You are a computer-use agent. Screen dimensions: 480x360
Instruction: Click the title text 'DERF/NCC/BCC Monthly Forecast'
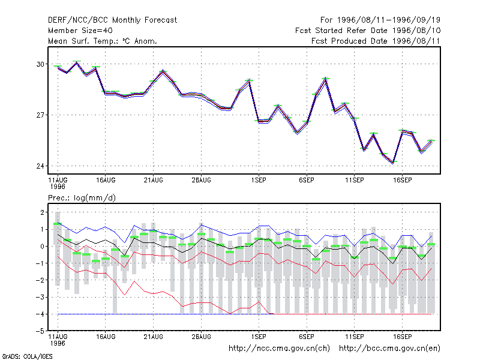112,20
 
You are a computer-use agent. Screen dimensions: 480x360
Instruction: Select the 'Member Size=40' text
80,31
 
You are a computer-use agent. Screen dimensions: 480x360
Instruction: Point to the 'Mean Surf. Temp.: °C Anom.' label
103,41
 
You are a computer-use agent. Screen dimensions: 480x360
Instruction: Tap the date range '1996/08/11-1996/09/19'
389,20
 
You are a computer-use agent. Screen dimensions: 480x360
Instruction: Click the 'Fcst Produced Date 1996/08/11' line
376,41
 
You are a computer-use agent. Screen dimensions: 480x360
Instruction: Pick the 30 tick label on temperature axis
40,64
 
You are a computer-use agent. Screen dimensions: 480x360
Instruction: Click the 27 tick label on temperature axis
40,115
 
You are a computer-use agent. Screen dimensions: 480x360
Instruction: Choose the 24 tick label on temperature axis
40,166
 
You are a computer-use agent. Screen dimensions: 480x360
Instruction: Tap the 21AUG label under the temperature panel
154,180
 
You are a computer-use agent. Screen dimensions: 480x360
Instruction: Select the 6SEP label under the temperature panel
307,180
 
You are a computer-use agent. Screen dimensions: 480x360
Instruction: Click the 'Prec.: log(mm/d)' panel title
82,198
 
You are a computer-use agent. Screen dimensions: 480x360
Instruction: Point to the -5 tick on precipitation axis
40,331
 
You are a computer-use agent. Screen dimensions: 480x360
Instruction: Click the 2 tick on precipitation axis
42,212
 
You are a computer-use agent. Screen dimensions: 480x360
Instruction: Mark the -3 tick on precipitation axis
40,297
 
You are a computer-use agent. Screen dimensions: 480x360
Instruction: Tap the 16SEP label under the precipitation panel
402,337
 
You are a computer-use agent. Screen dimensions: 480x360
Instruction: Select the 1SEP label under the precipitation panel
259,337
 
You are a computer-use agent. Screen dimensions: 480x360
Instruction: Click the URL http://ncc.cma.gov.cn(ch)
279,349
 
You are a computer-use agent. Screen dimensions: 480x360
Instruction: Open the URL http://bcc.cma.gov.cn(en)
389,349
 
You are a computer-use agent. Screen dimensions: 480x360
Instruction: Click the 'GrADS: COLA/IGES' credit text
27,356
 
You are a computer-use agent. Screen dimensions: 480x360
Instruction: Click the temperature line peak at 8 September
326,79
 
